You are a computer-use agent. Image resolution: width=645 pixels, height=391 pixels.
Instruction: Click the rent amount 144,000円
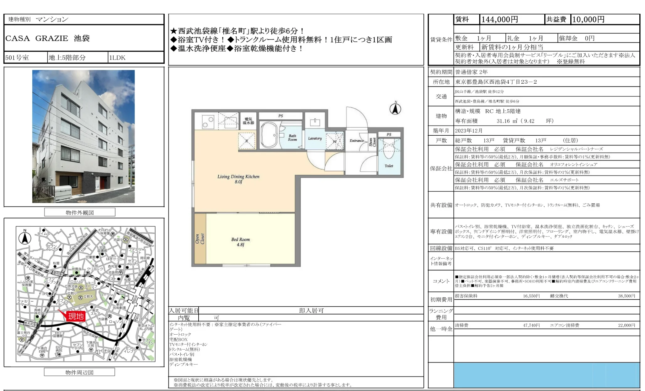[x=499, y=19]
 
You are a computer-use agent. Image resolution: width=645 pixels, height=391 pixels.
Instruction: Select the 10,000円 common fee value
[x=588, y=19]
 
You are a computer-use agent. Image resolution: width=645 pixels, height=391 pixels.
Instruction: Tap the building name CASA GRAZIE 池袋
[x=47, y=38]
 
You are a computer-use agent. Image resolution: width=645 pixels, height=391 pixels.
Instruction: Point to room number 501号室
[x=17, y=58]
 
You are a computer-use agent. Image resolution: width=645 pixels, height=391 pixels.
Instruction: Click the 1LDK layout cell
[x=117, y=58]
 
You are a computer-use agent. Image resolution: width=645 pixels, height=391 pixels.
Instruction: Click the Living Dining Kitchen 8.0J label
[x=238, y=179]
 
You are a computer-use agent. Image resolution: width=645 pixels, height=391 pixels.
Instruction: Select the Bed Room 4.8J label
[x=240, y=242]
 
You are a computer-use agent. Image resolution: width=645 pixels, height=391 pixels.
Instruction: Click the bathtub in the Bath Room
[x=269, y=135]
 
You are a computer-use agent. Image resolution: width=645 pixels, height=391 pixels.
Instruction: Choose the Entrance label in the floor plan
[x=357, y=141]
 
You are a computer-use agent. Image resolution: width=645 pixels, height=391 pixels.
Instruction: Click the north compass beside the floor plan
[x=395, y=108]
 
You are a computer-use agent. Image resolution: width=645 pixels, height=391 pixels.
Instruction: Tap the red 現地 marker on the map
[x=76, y=316]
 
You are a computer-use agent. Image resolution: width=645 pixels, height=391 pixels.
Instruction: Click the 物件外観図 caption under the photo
[x=80, y=212]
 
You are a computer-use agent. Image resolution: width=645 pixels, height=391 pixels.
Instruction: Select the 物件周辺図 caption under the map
[x=79, y=372]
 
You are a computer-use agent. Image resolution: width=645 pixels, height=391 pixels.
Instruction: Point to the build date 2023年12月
[x=469, y=131]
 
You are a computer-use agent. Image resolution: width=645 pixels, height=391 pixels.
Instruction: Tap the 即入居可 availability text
[x=311, y=310]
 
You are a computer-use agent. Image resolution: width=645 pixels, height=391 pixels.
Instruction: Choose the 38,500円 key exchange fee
[x=626, y=296]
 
